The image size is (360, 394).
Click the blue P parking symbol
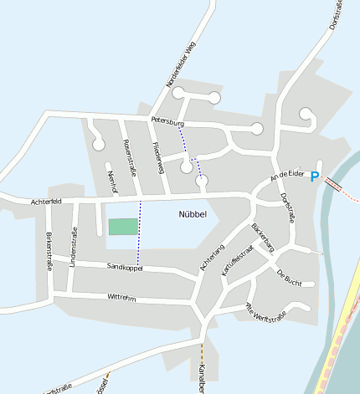coord(315,177)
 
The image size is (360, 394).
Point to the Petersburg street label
coord(167,122)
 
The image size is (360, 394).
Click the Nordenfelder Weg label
coord(180,67)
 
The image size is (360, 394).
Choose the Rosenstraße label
coord(130,158)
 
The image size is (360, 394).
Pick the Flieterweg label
coord(159,157)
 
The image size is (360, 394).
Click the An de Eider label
coord(285,176)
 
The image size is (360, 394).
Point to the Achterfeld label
coord(46,202)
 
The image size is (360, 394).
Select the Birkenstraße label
coord(49,252)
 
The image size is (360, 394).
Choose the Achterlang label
coord(213,256)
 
